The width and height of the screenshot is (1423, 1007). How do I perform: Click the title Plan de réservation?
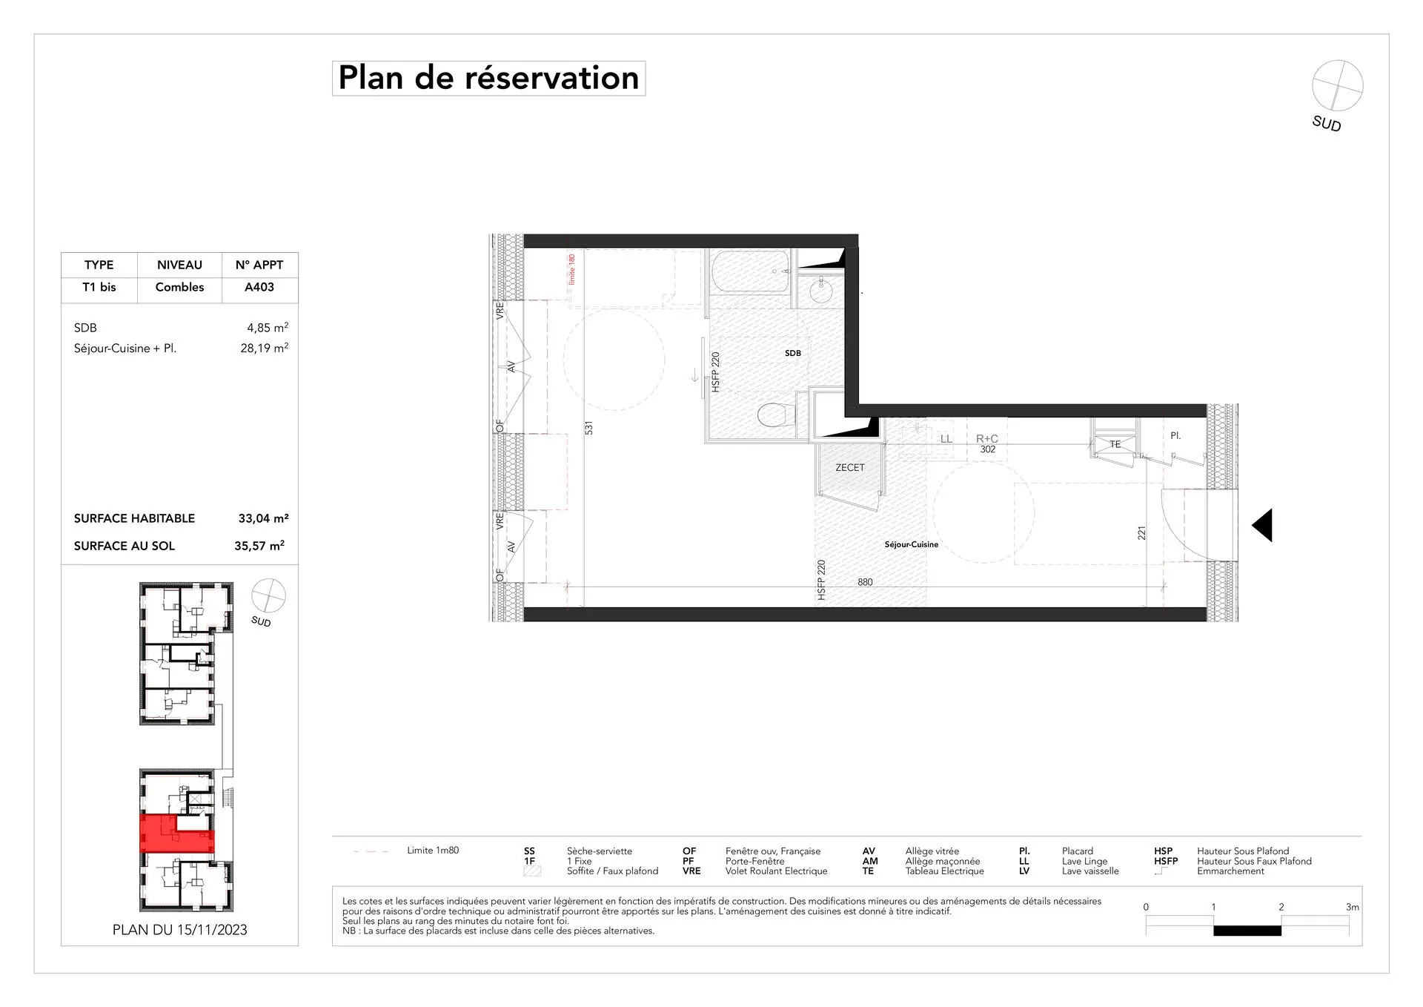pos(488,78)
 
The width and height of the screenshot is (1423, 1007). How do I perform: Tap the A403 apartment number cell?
pos(259,287)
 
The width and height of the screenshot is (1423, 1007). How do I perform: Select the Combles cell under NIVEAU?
pos(179,287)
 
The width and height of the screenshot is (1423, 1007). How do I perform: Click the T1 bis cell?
pos(99,287)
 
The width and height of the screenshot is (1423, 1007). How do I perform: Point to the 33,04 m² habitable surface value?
pos(263,518)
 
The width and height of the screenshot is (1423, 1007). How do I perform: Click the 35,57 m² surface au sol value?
pos(259,546)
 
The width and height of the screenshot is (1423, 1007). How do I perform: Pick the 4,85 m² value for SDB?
pos(267,328)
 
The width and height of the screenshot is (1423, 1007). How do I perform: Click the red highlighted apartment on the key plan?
pos(176,834)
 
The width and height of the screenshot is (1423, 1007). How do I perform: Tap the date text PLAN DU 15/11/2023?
pos(179,930)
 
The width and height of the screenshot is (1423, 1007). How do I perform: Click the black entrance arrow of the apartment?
pos(1263,525)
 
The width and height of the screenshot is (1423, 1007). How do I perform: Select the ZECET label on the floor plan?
pos(849,468)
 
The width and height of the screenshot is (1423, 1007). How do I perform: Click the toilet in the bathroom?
pos(772,415)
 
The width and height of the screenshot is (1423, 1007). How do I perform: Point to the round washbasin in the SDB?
pos(821,291)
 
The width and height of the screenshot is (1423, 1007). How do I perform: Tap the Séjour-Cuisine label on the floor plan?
pos(911,544)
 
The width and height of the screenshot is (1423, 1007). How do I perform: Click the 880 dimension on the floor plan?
pos(865,582)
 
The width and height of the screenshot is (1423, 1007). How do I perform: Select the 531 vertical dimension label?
pos(589,428)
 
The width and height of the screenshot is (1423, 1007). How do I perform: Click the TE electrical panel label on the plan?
pos(1115,444)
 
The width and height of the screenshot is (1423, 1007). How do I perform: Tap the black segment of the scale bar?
pos(1247,931)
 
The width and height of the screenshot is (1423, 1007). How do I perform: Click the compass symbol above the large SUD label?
pos(1337,86)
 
